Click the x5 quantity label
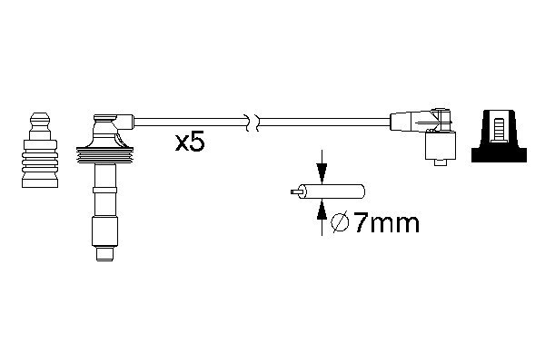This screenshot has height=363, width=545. pyautogui.click(x=190, y=142)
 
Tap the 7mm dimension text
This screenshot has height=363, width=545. pyautogui.click(x=387, y=223)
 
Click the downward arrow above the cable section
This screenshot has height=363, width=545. pyautogui.click(x=322, y=167)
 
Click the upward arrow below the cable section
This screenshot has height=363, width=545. pyautogui.click(x=322, y=217)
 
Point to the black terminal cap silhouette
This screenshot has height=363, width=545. pyautogui.click(x=499, y=136)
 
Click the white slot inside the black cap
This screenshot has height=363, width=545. pyautogui.click(x=499, y=129)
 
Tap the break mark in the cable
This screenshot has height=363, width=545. pyautogui.click(x=253, y=123)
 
